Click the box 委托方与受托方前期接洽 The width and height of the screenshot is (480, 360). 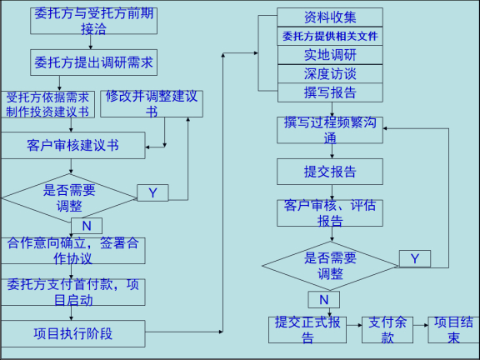pos(93,21)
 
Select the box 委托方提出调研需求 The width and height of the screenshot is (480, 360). pos(93,62)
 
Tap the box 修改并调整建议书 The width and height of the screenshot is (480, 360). pos(152,104)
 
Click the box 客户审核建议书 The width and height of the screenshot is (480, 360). pos(72,145)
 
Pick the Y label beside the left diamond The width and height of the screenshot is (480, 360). pos(152,192)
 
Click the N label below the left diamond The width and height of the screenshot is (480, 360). pos(87,226)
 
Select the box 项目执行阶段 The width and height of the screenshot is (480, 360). pos(72,333)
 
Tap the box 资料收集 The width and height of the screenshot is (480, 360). pos(330,17)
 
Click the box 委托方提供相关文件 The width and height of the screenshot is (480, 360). pos(330,37)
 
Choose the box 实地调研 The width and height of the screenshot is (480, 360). pos(330,55)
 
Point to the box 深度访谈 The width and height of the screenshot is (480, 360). pos(330,74)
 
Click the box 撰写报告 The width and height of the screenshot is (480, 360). pos(330,92)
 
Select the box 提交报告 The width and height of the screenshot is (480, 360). pos(330,172)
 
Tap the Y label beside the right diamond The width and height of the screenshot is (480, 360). pos(415,258)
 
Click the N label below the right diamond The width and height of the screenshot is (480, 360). pos(324,299)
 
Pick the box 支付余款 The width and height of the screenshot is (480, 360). pos(387,330)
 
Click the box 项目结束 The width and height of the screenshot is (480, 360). pos(453,330)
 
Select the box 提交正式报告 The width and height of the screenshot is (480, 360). pos(307,330)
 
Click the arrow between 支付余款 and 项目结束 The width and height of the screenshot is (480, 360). pos(421,325)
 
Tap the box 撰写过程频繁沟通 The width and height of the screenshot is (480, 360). pos(330,130)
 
